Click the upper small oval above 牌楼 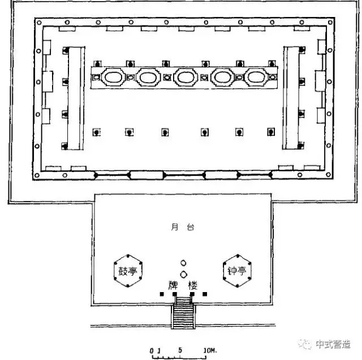[x=183, y=263]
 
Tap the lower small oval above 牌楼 [x=183, y=275]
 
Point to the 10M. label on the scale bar [x=210, y=352]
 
